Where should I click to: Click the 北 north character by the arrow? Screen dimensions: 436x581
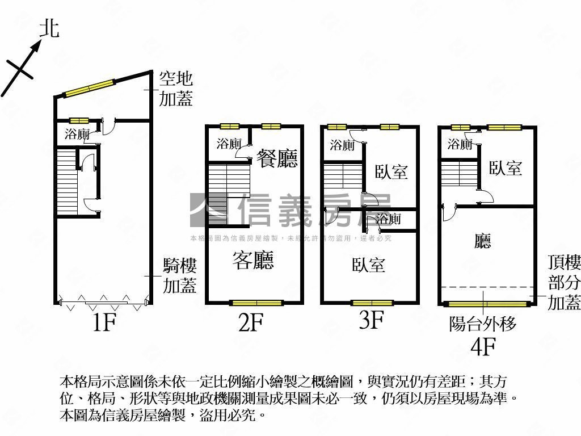point(49,28)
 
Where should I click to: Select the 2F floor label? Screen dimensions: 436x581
point(250,323)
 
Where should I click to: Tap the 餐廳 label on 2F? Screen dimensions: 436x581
point(277,158)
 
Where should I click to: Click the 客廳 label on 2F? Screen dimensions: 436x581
point(253,260)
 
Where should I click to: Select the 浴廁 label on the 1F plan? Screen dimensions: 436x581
point(77,135)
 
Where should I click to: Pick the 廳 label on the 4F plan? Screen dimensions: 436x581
point(483,242)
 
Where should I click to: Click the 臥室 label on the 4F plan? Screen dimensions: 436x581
point(506,168)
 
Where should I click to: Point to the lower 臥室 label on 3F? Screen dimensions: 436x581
point(368,265)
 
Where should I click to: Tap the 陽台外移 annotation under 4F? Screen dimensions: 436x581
point(483,324)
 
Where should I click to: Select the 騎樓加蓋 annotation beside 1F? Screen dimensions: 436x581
point(180,275)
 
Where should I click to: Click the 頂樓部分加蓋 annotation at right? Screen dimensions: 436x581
point(564,282)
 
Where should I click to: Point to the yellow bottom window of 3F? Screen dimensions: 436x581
point(372,303)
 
